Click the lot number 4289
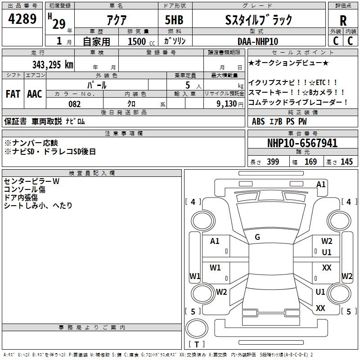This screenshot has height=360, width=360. coord(22,18)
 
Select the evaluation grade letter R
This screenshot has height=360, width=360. coord(343,21)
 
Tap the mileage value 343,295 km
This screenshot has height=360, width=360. coord(53,64)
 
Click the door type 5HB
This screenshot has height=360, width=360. coord(174,20)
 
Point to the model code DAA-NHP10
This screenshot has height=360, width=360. coord(257,41)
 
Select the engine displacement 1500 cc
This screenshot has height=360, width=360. coord(141,41)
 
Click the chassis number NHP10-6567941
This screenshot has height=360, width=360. coord(302,143)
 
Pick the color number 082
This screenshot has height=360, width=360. coord(74,104)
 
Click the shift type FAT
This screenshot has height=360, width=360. coord(13,94)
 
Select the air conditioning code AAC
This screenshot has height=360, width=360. coord(35,94)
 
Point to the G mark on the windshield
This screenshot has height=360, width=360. coord(257,237)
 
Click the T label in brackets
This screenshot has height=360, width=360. coord(197,344)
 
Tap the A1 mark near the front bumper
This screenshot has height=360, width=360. coord(321,184)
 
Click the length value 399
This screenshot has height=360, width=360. coord(273,162)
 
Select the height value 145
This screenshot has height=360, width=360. coord(346,162)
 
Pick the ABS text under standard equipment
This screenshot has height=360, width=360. coord(258,121)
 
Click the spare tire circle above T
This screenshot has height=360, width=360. coord(197,328)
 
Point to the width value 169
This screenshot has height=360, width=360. coord(310,162)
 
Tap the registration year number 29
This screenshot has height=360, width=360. coord(59,24)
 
